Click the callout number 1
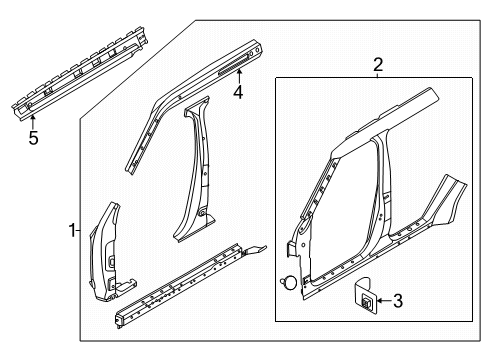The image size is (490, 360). pyautogui.click(x=72, y=230)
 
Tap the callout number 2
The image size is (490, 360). pyautogui.click(x=378, y=65)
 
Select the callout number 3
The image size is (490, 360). pyautogui.click(x=398, y=301)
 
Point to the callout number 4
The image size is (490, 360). pyautogui.click(x=238, y=92)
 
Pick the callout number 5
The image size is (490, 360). pyautogui.click(x=33, y=137)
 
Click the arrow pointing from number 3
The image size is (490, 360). pyautogui.click(x=384, y=301)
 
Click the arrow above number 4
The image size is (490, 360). pyautogui.click(x=239, y=76)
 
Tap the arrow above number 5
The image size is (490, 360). pyautogui.click(x=33, y=121)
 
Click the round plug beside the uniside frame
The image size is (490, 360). pyautogui.click(x=289, y=282)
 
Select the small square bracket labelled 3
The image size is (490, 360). pyautogui.click(x=365, y=295)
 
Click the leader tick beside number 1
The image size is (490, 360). pyautogui.click(x=78, y=230)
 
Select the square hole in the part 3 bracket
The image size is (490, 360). pyautogui.click(x=366, y=302)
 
